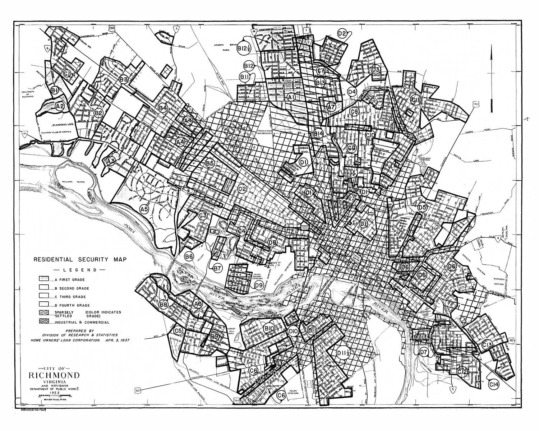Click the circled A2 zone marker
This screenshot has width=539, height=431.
coord(60,106)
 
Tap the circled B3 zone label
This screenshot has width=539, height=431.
coord(124,79)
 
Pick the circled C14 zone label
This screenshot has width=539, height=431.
coord(494,385)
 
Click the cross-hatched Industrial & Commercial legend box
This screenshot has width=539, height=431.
coord(44,321)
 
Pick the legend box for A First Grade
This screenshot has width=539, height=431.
coord(44,279)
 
